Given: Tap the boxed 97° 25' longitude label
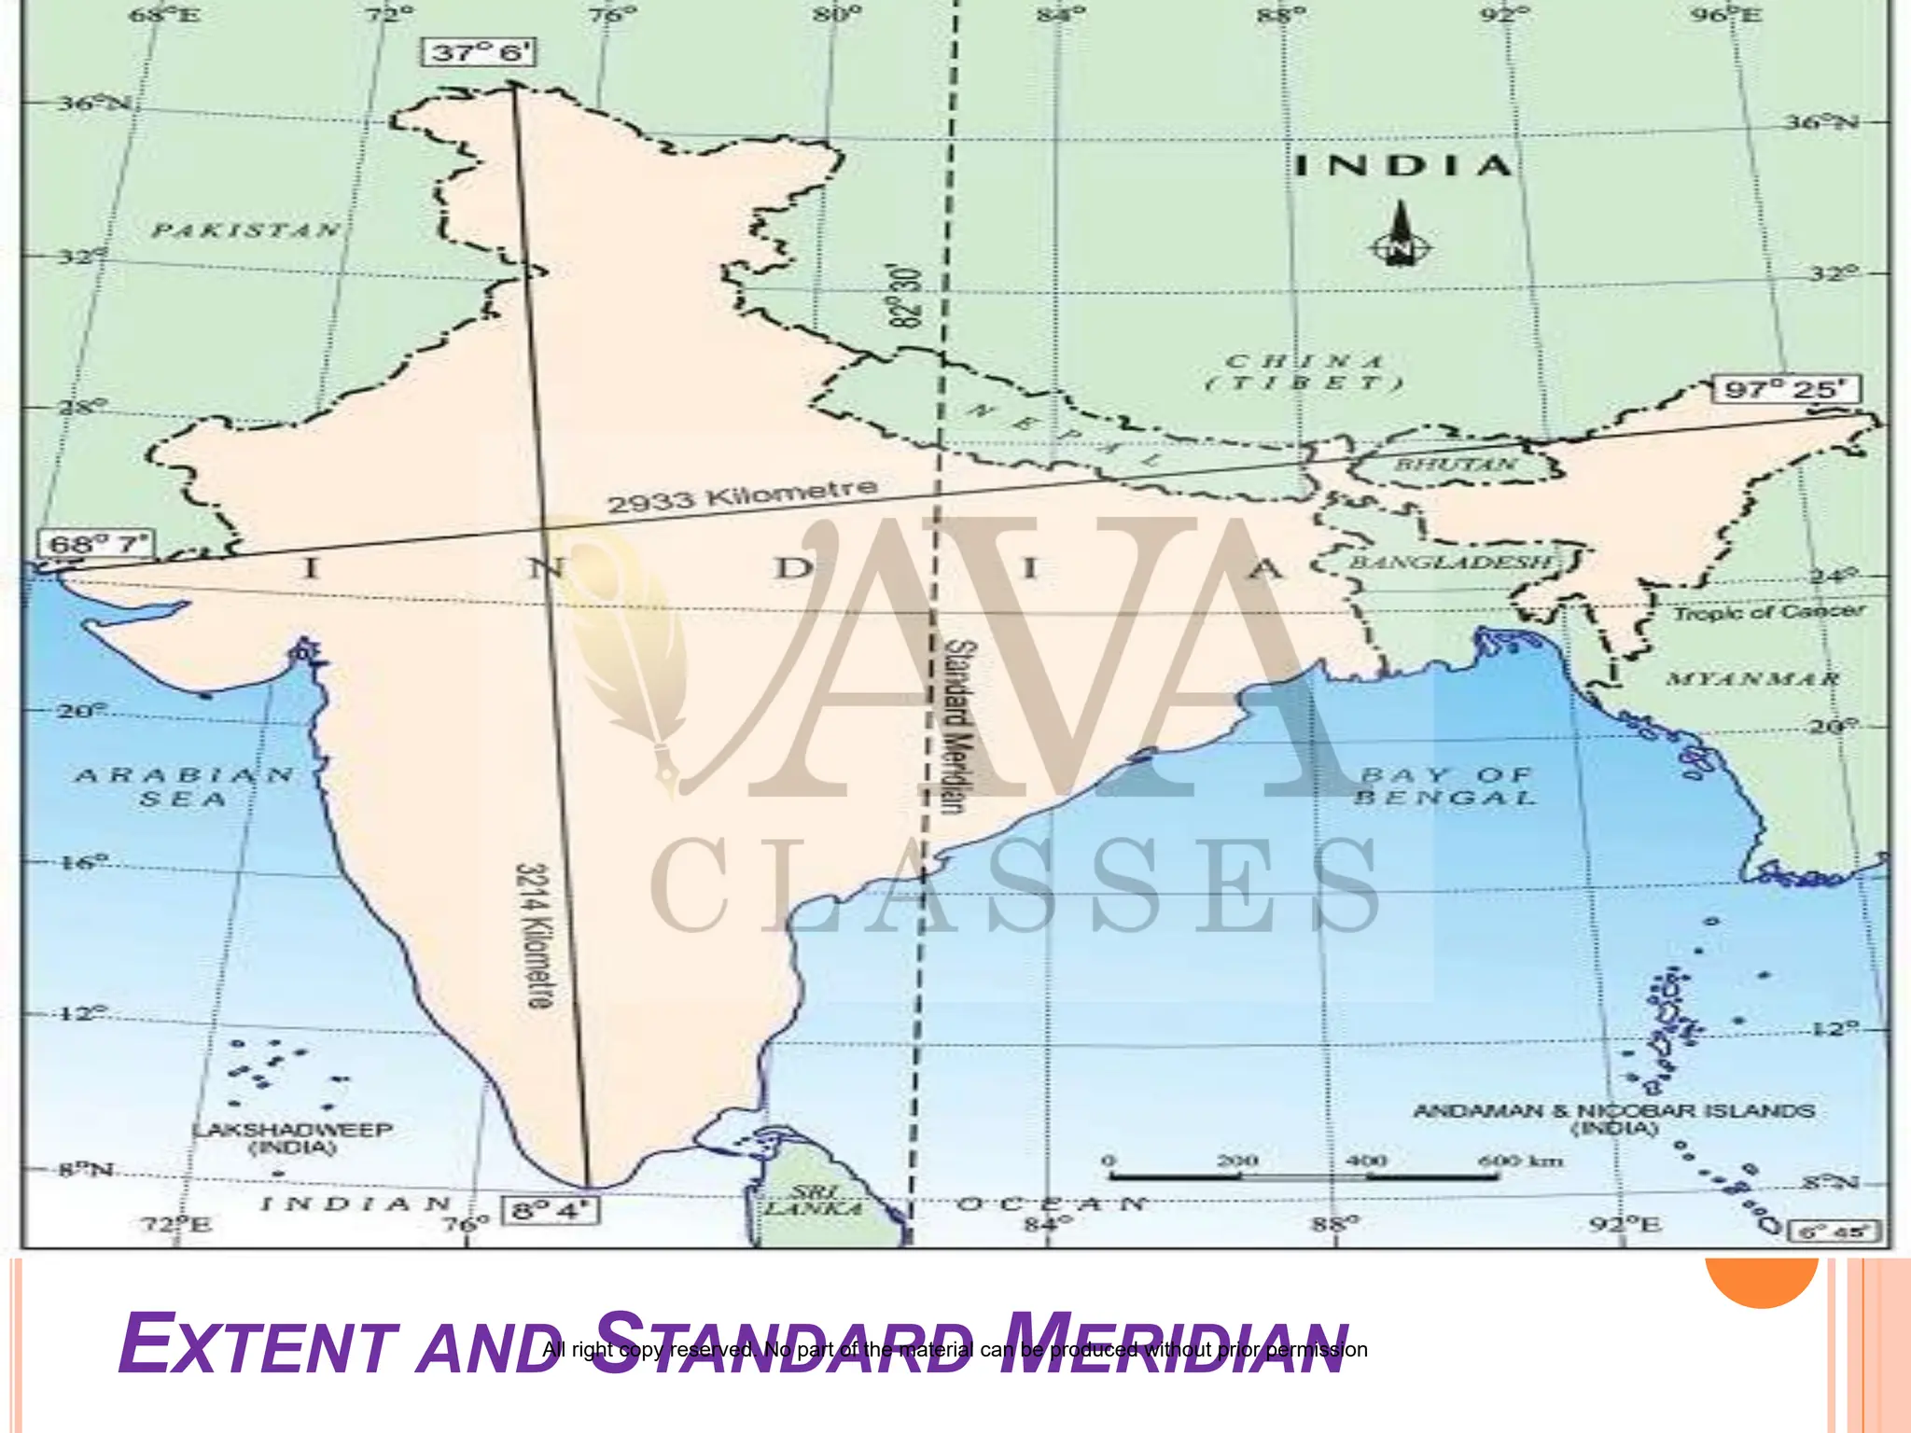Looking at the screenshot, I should click(x=1786, y=389).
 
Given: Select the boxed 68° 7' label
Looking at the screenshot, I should click(x=98, y=544).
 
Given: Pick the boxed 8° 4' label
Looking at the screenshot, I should click(x=551, y=1210).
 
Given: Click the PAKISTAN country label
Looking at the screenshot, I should click(x=246, y=230).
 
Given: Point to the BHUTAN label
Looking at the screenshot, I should click(x=1455, y=464).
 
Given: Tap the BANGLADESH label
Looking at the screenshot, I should click(x=1451, y=562).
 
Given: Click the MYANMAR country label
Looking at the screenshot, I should click(x=1752, y=678).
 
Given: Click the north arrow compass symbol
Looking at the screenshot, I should click(x=1399, y=235).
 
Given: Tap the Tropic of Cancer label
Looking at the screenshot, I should click(x=1768, y=612).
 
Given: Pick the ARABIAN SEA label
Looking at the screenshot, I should click(x=184, y=786).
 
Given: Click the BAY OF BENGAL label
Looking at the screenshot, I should click(x=1445, y=786).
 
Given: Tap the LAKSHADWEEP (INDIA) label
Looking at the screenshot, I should click(x=292, y=1138).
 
